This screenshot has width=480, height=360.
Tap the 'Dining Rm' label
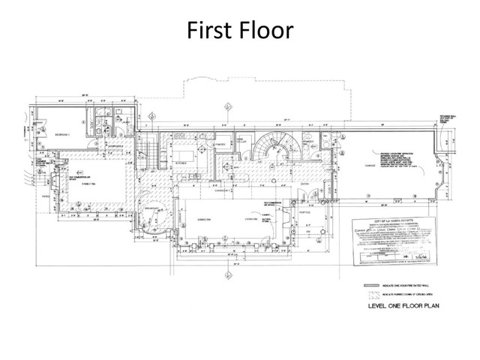203,220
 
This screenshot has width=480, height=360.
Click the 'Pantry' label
220,144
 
